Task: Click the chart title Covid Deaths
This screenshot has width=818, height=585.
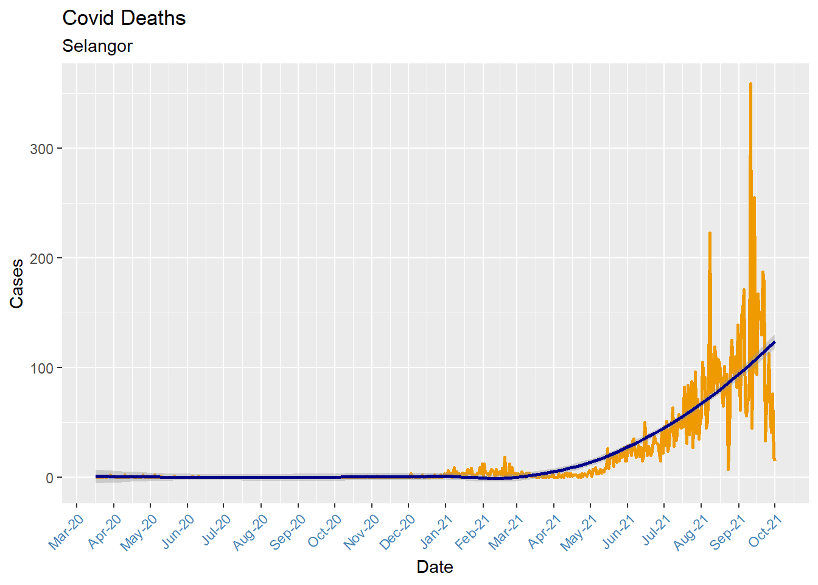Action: tap(124, 18)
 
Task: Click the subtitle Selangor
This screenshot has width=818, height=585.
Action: tap(97, 46)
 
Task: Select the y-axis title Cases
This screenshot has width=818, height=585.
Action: tap(16, 283)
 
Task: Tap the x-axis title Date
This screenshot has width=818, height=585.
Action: tap(435, 567)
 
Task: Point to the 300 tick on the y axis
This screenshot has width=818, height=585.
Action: tap(42, 149)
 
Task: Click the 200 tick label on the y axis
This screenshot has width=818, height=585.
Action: tap(42, 258)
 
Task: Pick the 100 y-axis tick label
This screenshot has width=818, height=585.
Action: tap(42, 368)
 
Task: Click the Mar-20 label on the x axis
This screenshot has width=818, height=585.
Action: tap(66, 532)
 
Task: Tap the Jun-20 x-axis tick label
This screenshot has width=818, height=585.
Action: tap(177, 532)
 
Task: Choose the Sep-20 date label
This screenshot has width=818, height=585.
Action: tap(287, 532)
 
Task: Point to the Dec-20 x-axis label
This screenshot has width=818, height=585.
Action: tap(397, 532)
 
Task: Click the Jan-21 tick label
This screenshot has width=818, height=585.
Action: tap(436, 532)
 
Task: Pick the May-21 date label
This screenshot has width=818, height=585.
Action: tap(579, 532)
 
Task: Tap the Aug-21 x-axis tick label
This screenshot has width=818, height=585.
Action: tap(691, 532)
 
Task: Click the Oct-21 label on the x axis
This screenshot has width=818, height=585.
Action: tap(765, 532)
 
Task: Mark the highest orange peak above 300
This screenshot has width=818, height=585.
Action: tap(750, 84)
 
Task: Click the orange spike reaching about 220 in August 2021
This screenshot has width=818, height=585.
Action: tap(710, 233)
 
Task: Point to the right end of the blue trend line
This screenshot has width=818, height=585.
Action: tap(774, 342)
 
